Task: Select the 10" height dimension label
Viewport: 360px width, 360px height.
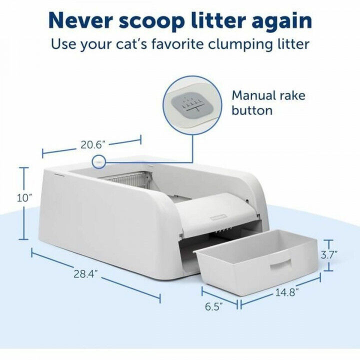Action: coord(23,198)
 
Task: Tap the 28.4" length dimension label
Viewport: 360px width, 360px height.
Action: coord(84,273)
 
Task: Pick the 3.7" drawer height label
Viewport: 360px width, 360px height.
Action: coord(329,254)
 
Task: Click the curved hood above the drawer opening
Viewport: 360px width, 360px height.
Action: coord(215,210)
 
